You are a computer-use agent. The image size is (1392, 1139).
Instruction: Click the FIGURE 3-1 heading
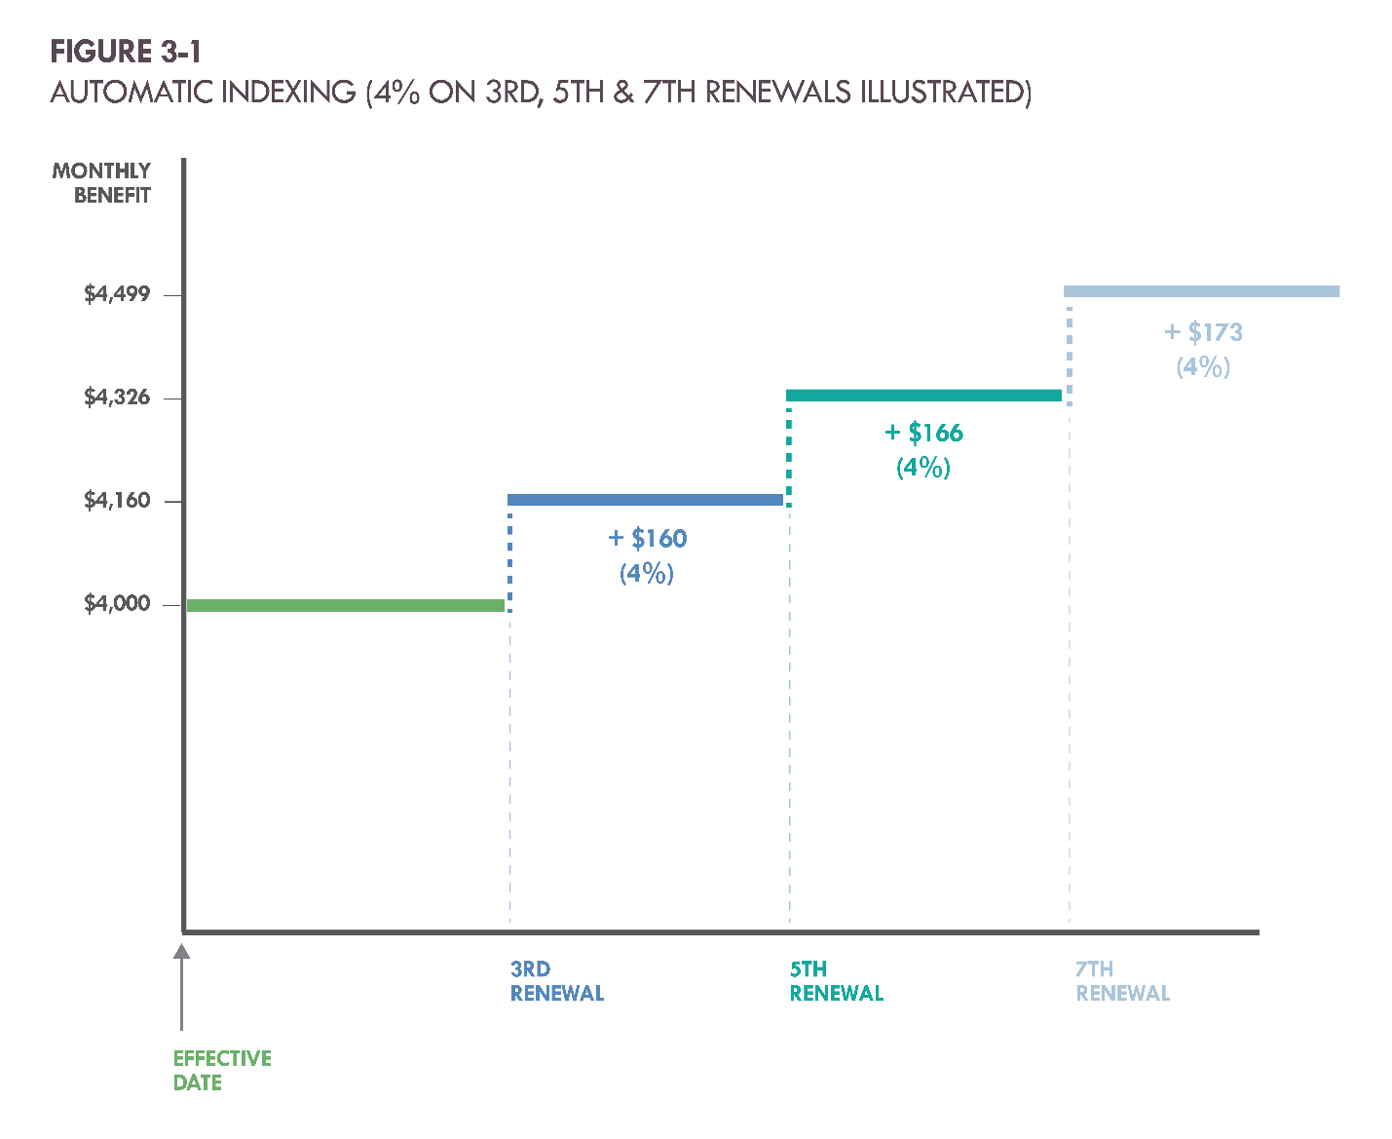(126, 52)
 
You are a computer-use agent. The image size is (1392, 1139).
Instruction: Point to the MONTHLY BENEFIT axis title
(102, 183)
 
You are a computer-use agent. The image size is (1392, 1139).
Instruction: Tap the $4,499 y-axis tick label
(117, 294)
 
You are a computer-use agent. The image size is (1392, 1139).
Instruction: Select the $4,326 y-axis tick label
(117, 398)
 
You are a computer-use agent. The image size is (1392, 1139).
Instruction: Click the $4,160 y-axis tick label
(117, 501)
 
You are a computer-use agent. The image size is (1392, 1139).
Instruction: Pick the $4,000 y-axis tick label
(117, 604)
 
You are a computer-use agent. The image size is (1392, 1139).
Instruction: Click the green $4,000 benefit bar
(345, 606)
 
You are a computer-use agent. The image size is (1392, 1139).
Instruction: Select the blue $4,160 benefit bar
(645, 500)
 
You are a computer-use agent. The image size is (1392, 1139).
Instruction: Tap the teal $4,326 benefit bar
(923, 395)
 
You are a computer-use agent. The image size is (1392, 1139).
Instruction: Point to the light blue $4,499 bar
(1201, 291)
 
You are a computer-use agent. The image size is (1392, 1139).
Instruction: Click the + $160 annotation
(648, 539)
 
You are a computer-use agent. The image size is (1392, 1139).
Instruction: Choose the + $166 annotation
(923, 434)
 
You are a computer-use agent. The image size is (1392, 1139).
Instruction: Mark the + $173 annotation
(1204, 333)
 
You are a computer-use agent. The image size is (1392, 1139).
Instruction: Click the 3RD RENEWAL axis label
(557, 981)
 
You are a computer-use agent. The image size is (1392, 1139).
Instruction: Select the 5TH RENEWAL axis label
(836, 981)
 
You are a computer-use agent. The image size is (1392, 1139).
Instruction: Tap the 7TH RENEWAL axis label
(1122, 981)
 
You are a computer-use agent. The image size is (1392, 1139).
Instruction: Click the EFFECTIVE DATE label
(222, 1071)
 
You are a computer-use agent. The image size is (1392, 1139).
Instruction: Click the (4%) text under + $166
(923, 468)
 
